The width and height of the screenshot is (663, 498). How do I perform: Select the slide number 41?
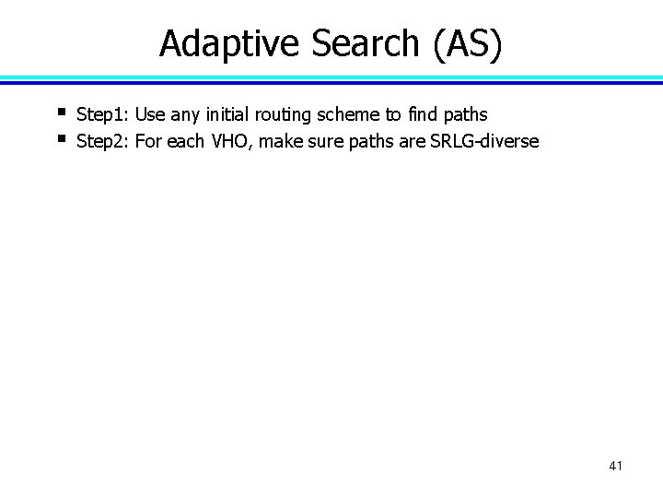pyautogui.click(x=616, y=466)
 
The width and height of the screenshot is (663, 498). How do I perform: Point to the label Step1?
pyautogui.click(x=103, y=115)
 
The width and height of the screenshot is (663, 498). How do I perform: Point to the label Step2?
pyautogui.click(x=103, y=142)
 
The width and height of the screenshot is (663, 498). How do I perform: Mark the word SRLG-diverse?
pyautogui.click(x=483, y=142)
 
